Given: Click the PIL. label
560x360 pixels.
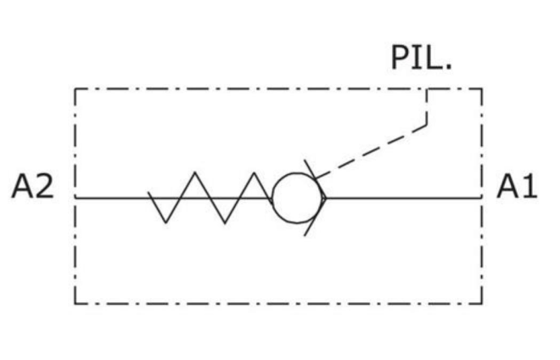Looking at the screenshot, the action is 422,58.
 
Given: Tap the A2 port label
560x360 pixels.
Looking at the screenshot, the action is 33,186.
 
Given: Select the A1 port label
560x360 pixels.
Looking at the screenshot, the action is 517,186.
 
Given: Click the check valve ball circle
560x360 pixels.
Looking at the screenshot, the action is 298,198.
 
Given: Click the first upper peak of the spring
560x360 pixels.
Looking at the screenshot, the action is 195,172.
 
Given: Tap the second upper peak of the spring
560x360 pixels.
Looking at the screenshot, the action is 255,173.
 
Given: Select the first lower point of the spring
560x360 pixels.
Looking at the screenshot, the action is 165,222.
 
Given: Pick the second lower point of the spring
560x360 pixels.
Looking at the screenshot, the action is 225,223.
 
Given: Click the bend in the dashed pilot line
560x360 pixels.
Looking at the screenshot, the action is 427,125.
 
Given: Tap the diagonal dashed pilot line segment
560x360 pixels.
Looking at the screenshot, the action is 370,152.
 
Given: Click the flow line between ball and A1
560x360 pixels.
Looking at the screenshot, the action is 403,197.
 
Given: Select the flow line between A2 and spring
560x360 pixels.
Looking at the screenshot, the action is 111,197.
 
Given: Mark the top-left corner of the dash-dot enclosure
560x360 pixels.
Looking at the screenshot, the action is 75,88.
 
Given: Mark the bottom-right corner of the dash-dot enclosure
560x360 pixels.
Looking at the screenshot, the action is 482,304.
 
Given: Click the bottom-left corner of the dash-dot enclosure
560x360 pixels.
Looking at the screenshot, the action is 75,304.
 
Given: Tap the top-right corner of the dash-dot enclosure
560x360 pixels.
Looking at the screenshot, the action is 482,88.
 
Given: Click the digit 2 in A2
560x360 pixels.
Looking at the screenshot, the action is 45,186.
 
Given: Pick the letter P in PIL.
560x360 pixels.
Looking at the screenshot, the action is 400,58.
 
